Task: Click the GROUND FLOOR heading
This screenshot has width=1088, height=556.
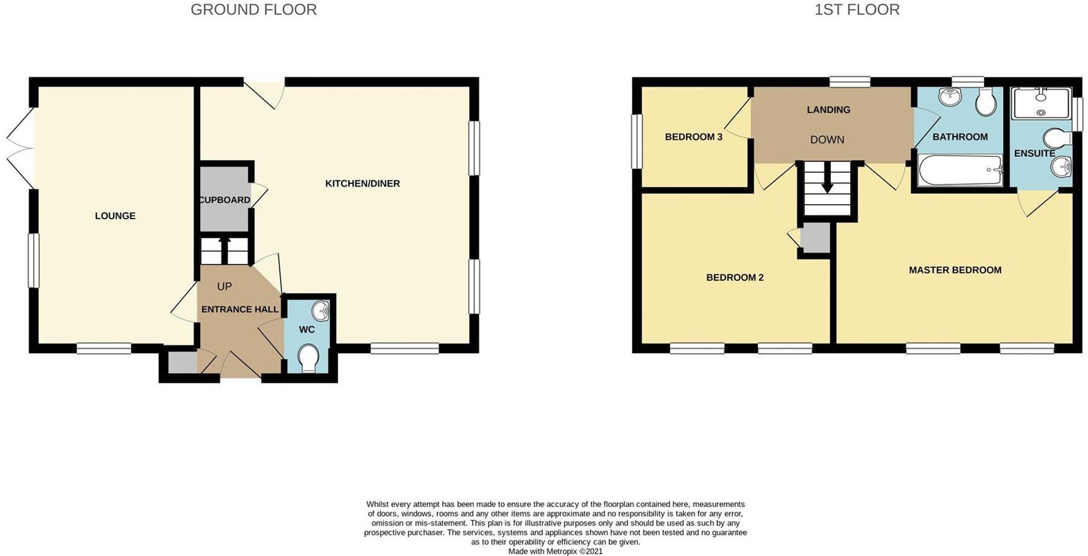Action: point(253,10)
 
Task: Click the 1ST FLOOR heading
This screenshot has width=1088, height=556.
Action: point(856,10)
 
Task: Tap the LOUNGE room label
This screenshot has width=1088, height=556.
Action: point(115,216)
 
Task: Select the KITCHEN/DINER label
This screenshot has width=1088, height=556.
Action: point(362,184)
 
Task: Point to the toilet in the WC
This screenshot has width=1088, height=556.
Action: point(308,358)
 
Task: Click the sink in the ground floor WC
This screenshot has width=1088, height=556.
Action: point(320,311)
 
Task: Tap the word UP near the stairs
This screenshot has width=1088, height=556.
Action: point(224,286)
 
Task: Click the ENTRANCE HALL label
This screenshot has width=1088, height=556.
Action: point(240,309)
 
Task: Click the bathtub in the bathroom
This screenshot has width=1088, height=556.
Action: point(958,170)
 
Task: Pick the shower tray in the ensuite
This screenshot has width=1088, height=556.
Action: point(1041,103)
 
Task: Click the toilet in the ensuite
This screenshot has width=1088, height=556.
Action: point(1057,138)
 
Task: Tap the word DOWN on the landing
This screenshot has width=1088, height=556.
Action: point(827,139)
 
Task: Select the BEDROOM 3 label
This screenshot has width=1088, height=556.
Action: point(693,137)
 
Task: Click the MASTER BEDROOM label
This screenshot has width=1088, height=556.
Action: point(955,270)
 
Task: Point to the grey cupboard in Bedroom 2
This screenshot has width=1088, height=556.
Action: point(815,237)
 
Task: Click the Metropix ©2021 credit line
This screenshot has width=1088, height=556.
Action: point(555,551)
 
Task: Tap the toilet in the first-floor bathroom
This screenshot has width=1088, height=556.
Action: point(987,101)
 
